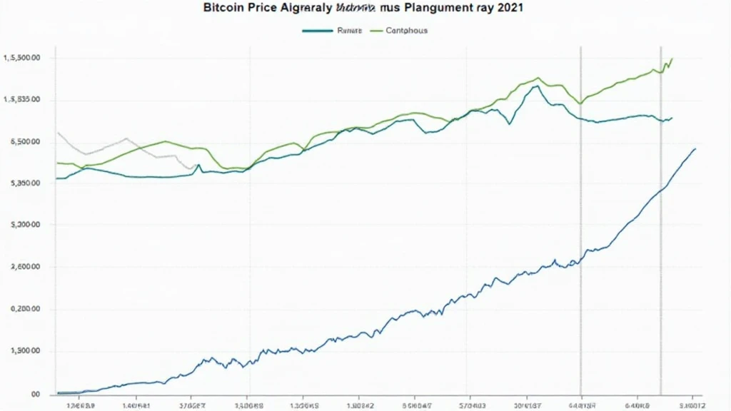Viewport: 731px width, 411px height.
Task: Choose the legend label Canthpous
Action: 407,31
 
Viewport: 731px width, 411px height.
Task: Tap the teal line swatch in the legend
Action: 317,31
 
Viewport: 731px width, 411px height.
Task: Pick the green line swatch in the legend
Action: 375,31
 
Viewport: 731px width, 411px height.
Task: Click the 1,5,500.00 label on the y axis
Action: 21,58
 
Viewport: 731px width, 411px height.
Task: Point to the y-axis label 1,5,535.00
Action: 21,100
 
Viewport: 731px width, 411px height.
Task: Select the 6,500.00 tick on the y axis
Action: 24,142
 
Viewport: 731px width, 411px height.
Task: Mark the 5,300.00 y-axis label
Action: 24,225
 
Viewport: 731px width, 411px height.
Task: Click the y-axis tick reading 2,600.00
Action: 24,267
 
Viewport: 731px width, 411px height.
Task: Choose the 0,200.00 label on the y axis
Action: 24,310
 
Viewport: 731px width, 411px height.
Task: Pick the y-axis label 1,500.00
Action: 24,351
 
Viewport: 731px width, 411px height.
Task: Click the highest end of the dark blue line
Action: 695,148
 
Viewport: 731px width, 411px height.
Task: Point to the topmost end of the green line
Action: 672,59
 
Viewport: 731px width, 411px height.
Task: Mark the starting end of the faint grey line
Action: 57,133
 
